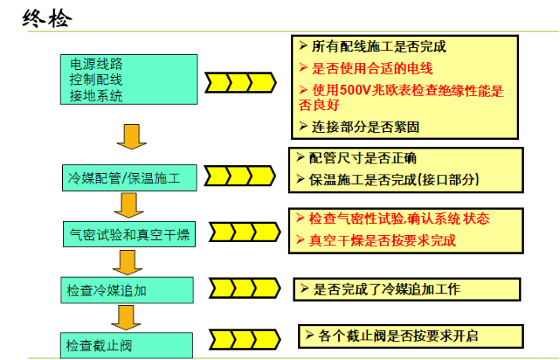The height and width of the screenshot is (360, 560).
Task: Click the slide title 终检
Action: click(46, 18)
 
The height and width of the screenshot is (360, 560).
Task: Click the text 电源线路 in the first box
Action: click(96, 64)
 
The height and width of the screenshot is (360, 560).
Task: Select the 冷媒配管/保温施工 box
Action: click(129, 178)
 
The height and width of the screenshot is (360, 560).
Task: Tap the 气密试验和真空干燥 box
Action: click(129, 234)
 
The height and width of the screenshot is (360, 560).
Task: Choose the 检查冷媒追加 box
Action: click(127, 290)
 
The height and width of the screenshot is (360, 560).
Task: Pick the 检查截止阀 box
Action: click(126, 345)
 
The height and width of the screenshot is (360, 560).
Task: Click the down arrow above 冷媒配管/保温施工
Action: click(131, 137)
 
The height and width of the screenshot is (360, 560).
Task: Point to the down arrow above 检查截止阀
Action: click(126, 318)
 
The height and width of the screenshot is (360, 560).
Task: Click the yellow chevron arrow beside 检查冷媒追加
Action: click(245, 288)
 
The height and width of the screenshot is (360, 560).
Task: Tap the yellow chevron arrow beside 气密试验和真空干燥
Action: click(245, 232)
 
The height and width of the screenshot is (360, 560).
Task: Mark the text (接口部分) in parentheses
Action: click(448, 179)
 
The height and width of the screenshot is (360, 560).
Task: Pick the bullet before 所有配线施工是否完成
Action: click(304, 46)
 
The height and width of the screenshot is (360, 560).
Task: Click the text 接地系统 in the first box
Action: click(96, 96)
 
